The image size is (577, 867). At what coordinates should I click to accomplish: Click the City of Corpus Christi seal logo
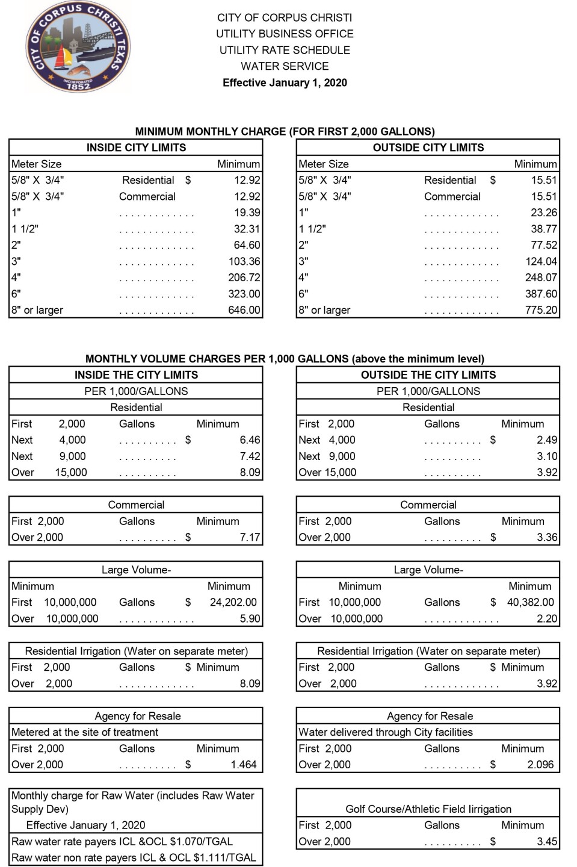(x=78, y=47)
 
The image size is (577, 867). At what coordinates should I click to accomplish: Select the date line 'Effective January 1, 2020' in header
(x=285, y=82)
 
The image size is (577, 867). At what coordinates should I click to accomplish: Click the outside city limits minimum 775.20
(x=541, y=310)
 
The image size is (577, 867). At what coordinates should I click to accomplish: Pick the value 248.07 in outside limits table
(x=541, y=278)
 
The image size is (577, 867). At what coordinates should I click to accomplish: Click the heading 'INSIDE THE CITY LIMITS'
(x=136, y=374)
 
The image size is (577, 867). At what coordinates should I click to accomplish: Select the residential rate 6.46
(x=250, y=440)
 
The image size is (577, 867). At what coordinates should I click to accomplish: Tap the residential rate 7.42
(x=250, y=456)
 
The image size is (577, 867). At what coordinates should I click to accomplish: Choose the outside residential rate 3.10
(x=547, y=456)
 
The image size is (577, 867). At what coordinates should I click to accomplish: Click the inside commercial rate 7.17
(x=250, y=537)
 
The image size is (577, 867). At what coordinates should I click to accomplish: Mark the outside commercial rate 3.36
(x=547, y=537)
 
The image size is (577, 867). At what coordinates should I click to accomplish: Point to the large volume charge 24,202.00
(x=233, y=602)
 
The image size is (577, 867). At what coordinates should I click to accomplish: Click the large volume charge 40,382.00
(x=530, y=602)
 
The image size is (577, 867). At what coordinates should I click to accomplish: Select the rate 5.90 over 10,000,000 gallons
(x=250, y=618)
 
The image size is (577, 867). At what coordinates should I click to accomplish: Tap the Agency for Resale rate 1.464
(x=244, y=765)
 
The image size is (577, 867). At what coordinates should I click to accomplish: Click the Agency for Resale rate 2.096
(x=540, y=765)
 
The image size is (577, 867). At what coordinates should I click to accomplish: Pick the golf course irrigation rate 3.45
(x=547, y=842)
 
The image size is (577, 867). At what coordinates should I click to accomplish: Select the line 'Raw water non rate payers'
(x=134, y=857)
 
